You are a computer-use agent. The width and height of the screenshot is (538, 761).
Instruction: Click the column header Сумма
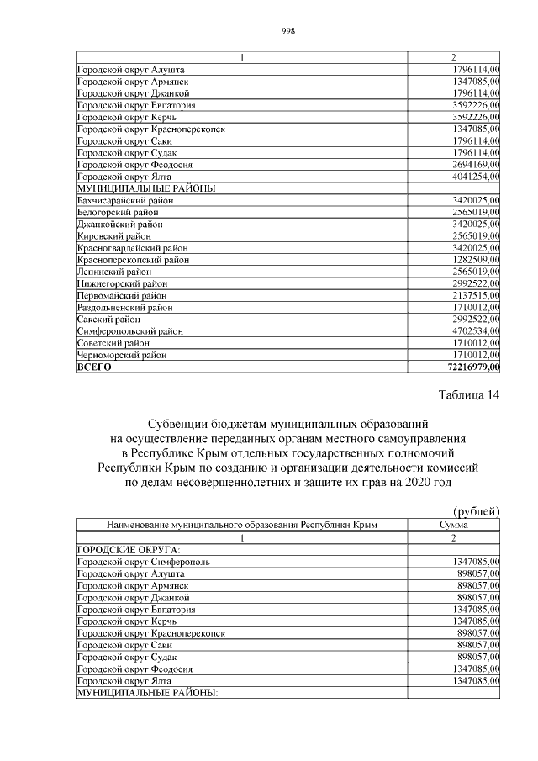click(453, 525)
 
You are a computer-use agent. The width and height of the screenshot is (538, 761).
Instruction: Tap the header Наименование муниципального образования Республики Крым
click(241, 525)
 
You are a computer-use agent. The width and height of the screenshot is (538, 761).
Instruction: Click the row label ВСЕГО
click(94, 367)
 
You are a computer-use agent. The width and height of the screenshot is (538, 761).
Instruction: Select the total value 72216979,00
click(470, 367)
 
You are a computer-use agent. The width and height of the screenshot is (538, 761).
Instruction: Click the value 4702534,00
click(470, 331)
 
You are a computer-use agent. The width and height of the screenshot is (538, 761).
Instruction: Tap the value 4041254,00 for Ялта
click(470, 177)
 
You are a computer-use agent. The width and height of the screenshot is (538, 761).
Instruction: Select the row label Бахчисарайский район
click(124, 200)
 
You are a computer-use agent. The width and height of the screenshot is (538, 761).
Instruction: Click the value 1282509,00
click(470, 260)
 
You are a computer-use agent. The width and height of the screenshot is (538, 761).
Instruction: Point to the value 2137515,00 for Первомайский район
click(470, 296)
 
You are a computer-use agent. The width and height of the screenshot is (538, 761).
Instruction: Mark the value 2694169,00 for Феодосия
click(470, 165)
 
